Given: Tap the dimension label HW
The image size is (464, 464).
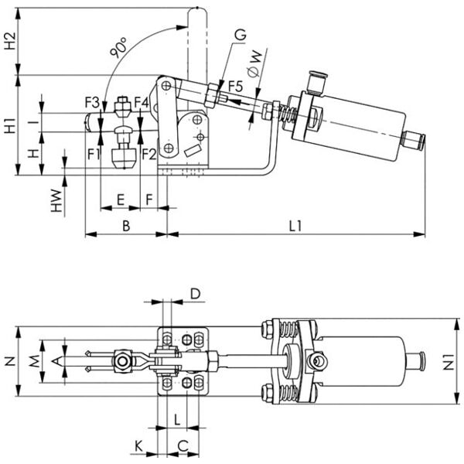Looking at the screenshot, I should click(56, 200).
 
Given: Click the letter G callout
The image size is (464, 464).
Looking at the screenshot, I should click(240, 34).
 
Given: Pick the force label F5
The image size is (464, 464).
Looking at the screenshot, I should click(234, 87).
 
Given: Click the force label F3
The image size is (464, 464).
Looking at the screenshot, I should click(92, 101).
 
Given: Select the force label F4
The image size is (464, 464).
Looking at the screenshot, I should click(141, 101).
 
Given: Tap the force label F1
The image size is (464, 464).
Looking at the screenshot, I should click(94, 153).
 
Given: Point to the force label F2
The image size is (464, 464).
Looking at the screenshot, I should click(149, 153).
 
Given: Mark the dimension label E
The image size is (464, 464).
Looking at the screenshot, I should click(120, 200).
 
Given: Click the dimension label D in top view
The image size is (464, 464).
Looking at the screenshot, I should click(195, 294).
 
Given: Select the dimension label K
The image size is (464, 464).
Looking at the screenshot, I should click(138, 446).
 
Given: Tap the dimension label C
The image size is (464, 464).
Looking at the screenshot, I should click(183, 446).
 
